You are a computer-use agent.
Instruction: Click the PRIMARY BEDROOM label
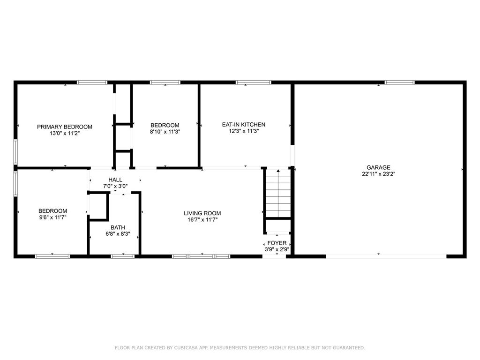[x=65, y=127]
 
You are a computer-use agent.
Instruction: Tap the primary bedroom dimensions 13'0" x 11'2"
[x=65, y=133]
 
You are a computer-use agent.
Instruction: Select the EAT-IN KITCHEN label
[x=244, y=125]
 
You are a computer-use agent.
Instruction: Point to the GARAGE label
[x=378, y=167]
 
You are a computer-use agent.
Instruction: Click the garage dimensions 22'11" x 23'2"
[x=378, y=174]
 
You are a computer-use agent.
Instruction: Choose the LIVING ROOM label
[x=202, y=213]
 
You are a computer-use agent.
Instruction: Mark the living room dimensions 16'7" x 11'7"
[x=202, y=220]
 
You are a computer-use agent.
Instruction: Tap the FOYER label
[x=277, y=243]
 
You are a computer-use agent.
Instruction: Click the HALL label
[x=115, y=180]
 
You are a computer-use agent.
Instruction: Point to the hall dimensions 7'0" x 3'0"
[x=115, y=186]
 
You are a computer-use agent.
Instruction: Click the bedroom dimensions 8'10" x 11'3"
[x=165, y=132]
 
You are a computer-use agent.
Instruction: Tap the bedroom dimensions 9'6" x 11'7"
[x=52, y=217]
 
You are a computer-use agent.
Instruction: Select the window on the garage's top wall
[x=399, y=82]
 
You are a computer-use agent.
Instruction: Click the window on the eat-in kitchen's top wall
[x=253, y=82]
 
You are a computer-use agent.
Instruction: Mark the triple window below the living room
[x=201, y=256]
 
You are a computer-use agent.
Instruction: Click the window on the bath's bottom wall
[x=122, y=256]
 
